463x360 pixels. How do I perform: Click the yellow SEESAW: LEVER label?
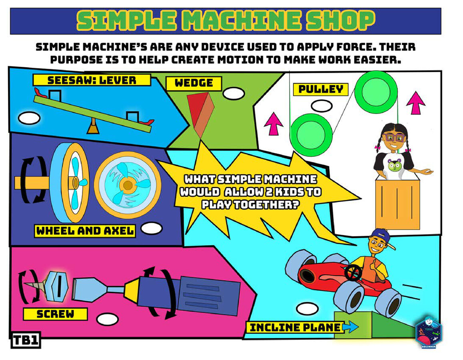click(x=92, y=80)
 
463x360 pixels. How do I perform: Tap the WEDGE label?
click(x=194, y=83)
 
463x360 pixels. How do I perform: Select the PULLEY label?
click(x=321, y=89)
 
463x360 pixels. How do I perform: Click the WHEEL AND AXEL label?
click(x=85, y=231)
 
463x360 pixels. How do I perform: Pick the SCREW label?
click(x=55, y=314)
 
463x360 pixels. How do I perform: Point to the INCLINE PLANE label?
click(x=295, y=328)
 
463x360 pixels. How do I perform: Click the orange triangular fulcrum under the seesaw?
click(x=93, y=128)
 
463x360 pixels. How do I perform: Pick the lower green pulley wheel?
click(x=312, y=132)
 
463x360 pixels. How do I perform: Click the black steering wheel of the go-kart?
click(x=353, y=273)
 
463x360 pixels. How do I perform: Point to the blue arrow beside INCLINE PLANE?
click(x=351, y=328)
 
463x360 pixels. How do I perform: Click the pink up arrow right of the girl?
click(x=415, y=103)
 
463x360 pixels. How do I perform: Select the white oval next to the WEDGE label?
click(x=234, y=94)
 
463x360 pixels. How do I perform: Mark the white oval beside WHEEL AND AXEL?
click(x=151, y=229)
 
